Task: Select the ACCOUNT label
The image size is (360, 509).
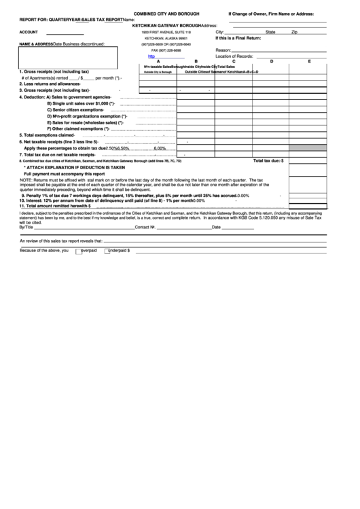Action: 29,32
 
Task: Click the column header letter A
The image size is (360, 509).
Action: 159,61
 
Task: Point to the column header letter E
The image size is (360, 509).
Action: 309,61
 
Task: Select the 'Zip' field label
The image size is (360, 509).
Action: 294,32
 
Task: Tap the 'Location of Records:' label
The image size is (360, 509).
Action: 234,56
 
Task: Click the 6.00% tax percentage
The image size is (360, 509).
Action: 160,148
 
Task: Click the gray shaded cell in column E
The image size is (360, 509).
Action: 309,148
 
